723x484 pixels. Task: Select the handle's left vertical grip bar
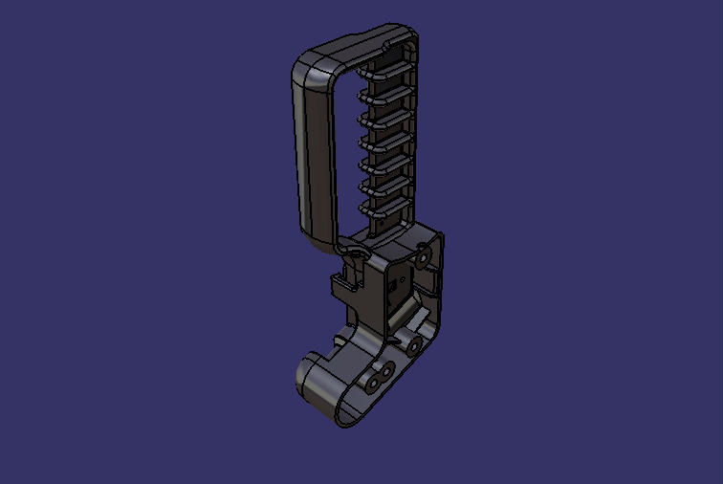pos(312,153)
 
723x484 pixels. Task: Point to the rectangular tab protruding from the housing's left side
pos(340,285)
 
